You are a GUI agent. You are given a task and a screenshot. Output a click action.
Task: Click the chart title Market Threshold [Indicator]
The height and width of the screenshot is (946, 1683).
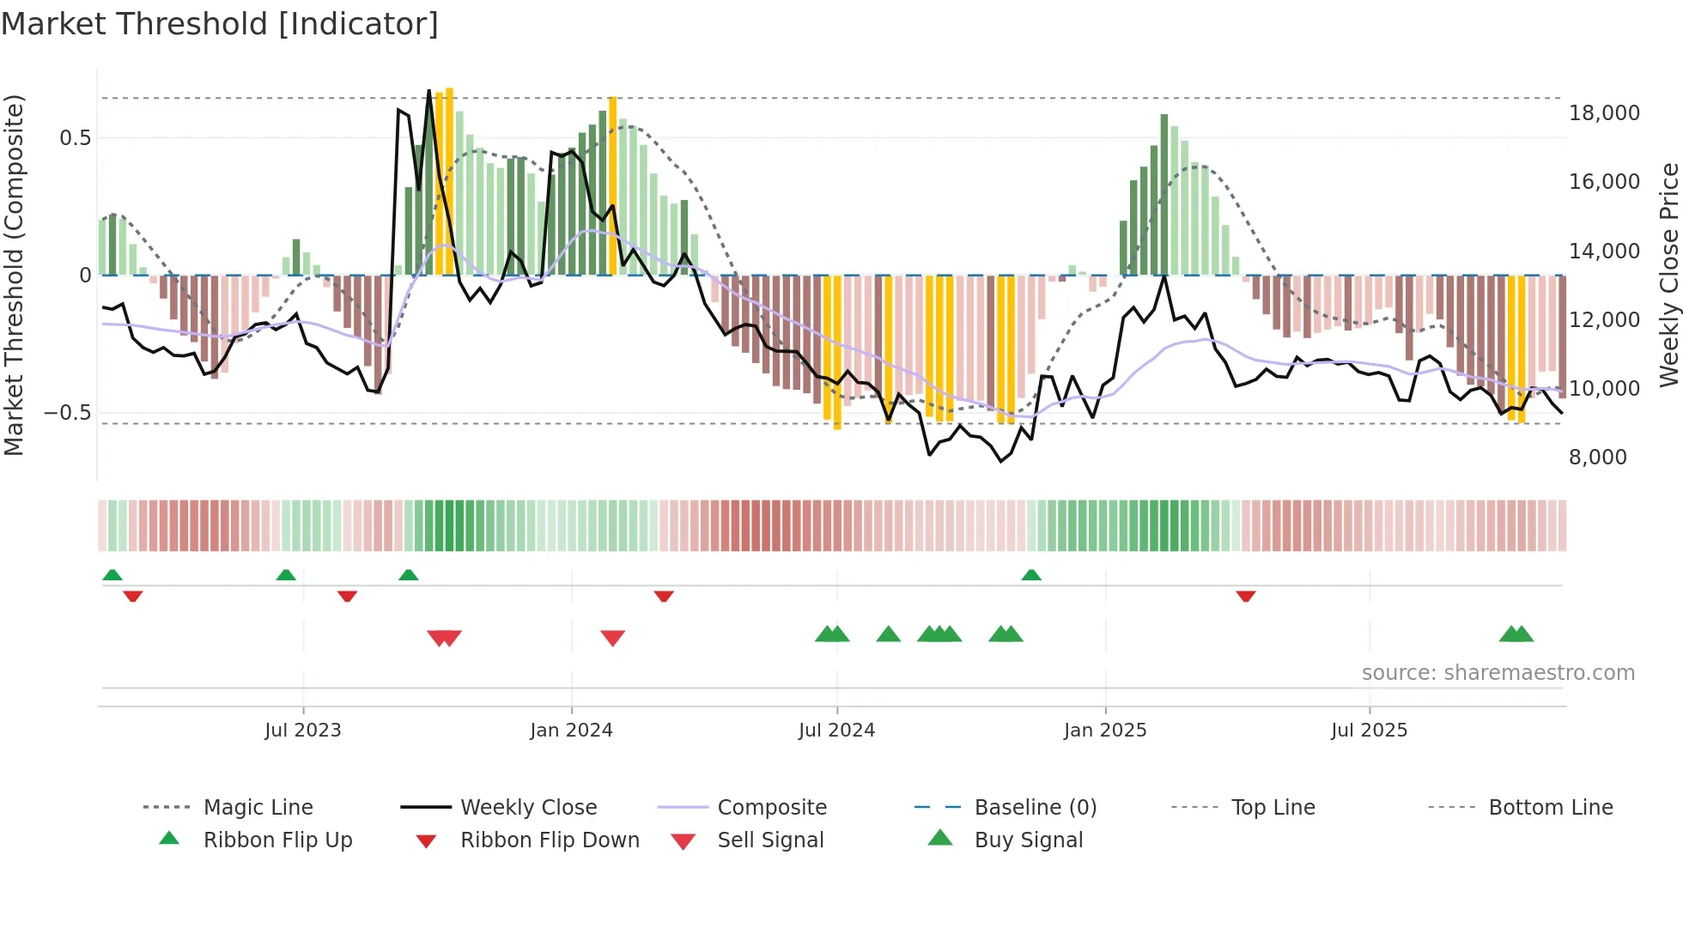[x=220, y=24]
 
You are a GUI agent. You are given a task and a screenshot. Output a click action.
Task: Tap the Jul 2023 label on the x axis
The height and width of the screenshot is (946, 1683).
[x=302, y=731]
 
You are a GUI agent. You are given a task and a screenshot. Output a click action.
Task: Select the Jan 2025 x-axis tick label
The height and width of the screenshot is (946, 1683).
[x=1104, y=731]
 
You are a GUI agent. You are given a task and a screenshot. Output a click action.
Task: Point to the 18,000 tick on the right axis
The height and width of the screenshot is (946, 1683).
[x=1603, y=113]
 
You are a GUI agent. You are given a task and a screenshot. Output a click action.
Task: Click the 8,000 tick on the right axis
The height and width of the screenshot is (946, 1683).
[x=1597, y=458]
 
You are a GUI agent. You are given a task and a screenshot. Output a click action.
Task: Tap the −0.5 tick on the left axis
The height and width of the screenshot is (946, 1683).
[x=67, y=413]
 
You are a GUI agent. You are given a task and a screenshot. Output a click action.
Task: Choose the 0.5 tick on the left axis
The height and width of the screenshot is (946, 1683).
[x=75, y=138]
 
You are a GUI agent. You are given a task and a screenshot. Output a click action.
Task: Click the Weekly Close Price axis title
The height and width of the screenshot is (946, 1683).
[x=1668, y=275]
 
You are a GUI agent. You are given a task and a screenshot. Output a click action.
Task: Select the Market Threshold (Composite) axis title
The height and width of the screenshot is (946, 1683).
[x=14, y=275]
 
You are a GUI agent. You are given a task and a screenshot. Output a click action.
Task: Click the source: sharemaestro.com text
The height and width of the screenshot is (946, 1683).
[x=1498, y=673]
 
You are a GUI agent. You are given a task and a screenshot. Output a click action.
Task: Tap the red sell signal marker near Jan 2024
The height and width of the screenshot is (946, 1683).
[x=612, y=638]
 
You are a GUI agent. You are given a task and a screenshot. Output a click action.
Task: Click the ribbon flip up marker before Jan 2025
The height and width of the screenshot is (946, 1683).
[x=1031, y=575]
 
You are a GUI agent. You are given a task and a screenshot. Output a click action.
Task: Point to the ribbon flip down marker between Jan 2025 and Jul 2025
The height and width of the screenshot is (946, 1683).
[x=1245, y=596]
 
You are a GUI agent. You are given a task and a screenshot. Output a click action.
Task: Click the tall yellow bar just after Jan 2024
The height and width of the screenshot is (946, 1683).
[x=612, y=185]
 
